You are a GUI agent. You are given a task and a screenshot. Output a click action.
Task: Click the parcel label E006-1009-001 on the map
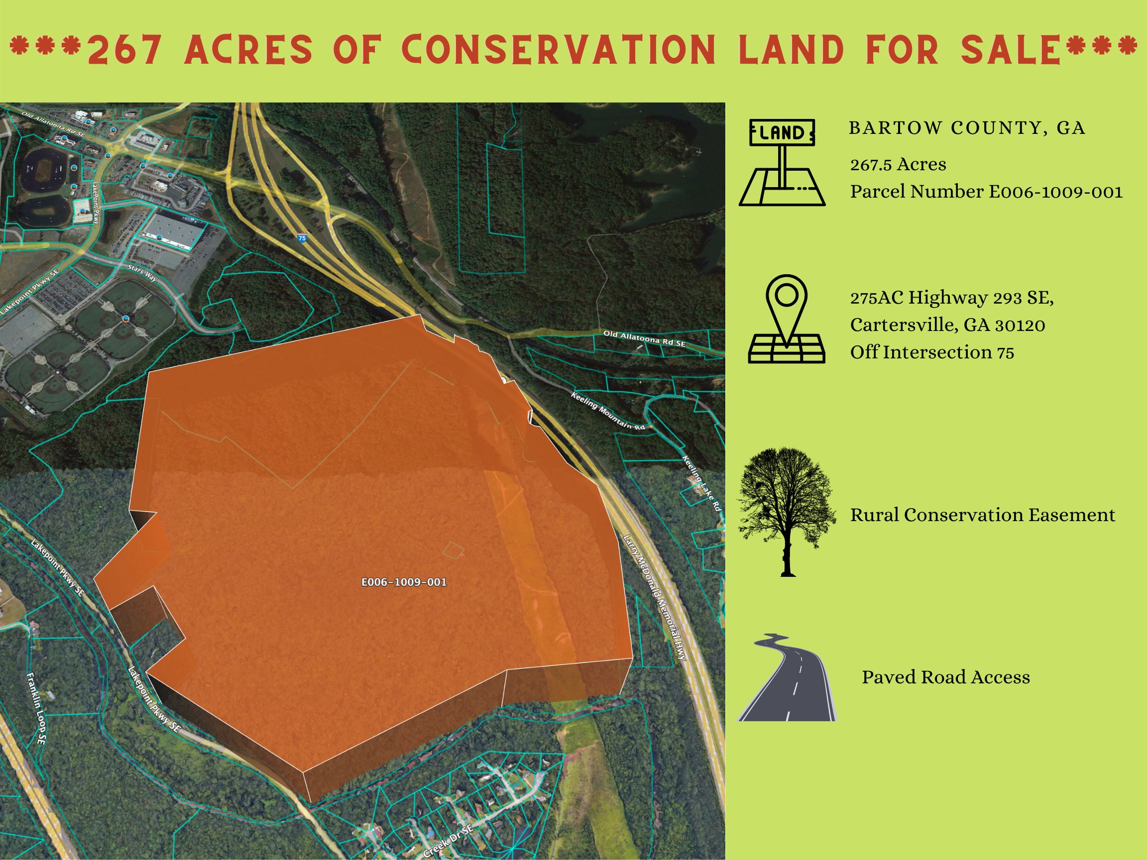pos(404,582)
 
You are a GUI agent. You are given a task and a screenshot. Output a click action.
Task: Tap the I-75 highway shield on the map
pos(302,238)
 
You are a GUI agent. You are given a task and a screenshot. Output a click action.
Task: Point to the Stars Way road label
pos(142,273)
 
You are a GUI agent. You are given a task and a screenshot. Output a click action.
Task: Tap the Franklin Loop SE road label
pos(36,709)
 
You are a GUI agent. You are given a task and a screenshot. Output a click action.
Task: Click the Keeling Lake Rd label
pos(701,484)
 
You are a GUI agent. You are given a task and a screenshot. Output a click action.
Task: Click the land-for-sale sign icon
pos(782,163)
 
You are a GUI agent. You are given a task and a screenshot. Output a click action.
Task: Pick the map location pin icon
pos(787,319)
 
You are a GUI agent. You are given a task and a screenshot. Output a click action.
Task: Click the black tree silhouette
pos(787,511)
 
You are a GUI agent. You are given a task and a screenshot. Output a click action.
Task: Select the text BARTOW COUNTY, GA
pos(967,128)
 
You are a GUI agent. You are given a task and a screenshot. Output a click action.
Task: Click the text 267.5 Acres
pos(898,164)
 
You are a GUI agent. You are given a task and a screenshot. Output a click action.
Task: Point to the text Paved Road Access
pos(946,677)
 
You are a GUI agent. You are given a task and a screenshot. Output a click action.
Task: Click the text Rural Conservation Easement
pos(983,515)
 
